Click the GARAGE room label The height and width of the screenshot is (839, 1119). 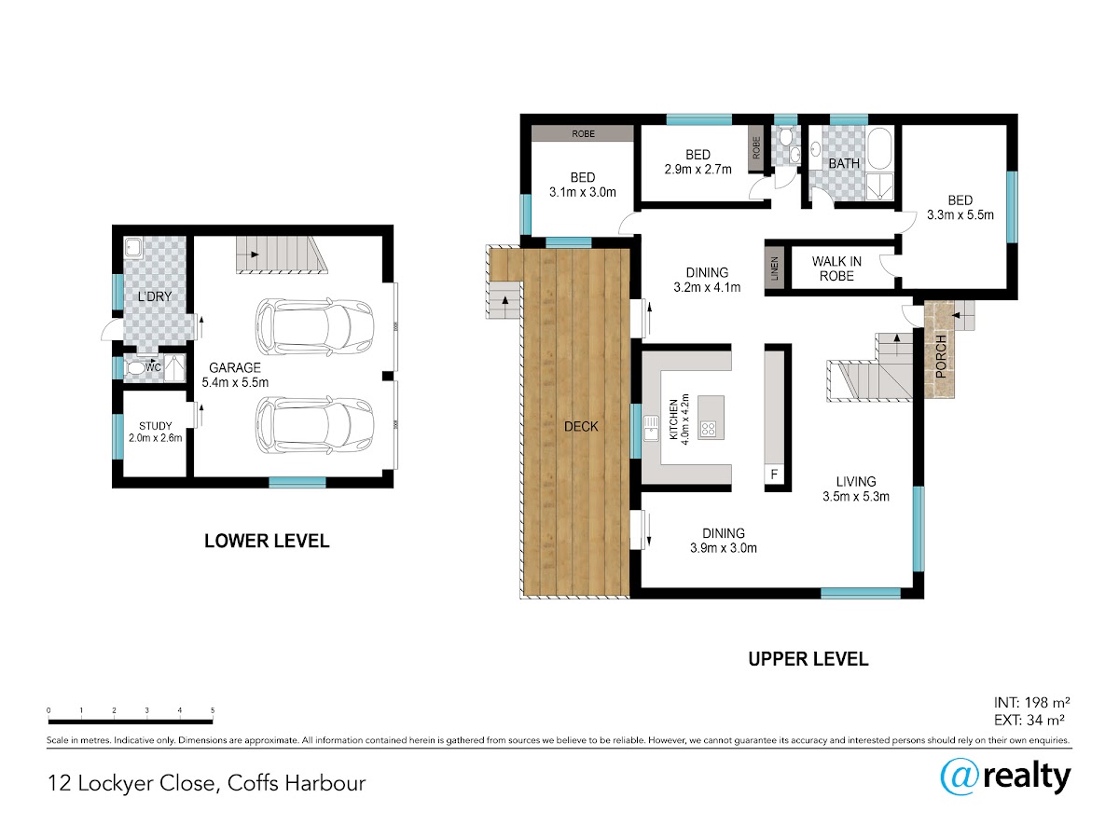(x=235, y=367)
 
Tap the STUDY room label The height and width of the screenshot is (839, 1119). (x=156, y=426)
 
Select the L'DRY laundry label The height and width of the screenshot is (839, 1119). (x=155, y=296)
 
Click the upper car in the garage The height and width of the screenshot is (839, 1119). (x=314, y=326)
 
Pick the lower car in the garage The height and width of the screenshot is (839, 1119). (x=314, y=425)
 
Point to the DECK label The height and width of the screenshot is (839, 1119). (x=581, y=426)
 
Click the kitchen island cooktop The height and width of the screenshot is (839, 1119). (x=708, y=429)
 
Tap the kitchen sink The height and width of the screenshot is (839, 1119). (x=651, y=428)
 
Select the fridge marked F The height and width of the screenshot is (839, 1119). (x=774, y=475)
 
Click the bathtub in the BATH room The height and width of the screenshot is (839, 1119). (x=880, y=149)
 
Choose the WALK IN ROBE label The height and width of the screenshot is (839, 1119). (x=836, y=268)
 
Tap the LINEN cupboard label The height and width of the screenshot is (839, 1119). (x=774, y=268)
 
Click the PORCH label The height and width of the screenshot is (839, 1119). (x=941, y=357)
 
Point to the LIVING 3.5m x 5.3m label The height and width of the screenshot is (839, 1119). (x=856, y=489)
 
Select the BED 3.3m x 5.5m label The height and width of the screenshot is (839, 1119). (x=960, y=207)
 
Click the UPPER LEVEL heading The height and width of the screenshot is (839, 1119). (x=808, y=659)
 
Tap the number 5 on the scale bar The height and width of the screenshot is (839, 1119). (x=213, y=710)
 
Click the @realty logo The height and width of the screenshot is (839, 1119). (x=1005, y=777)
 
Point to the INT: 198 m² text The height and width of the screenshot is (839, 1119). (x=1031, y=703)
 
